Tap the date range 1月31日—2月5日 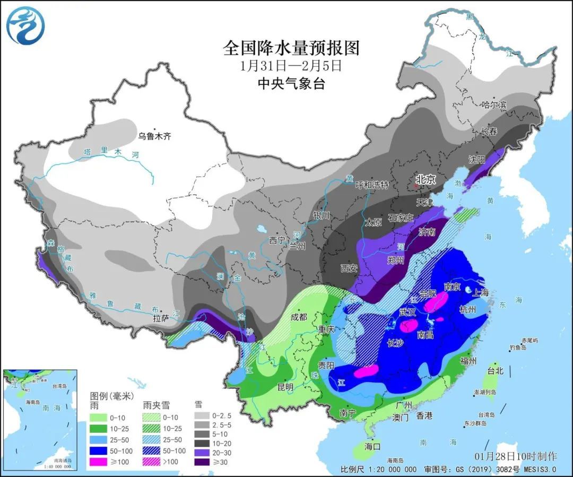point(291,66)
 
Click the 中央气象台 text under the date point(291,83)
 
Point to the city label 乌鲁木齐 point(155,136)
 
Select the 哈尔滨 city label point(494,105)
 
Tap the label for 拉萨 point(161,319)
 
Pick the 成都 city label point(299,317)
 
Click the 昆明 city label point(285,387)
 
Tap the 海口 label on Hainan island point(373,446)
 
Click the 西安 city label point(349,268)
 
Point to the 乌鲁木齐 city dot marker point(154,129)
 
